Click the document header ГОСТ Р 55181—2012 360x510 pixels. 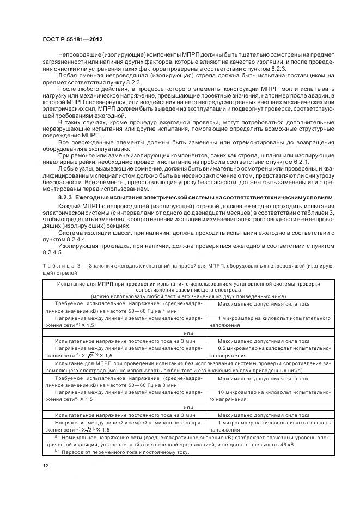[x=72, y=40]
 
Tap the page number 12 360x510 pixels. [x=45, y=465]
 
